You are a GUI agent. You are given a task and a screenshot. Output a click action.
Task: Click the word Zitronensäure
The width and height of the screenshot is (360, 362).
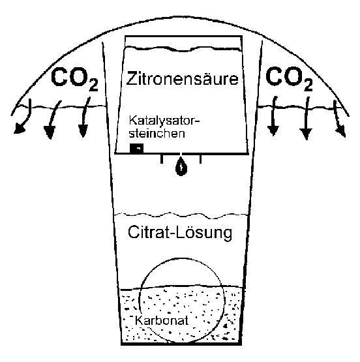[x=182, y=78]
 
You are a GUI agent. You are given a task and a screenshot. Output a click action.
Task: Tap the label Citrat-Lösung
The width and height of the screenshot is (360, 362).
[x=180, y=233]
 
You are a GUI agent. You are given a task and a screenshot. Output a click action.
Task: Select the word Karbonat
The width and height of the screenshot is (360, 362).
[x=162, y=320]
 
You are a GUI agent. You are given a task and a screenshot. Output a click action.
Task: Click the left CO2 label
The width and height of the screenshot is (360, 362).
[x=74, y=79]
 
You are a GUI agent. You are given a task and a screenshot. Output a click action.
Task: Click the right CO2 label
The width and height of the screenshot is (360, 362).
[x=289, y=78]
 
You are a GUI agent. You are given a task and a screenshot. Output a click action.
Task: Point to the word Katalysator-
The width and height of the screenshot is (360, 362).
[x=164, y=121]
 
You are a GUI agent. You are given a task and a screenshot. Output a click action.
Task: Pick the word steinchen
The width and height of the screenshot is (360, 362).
[x=157, y=133]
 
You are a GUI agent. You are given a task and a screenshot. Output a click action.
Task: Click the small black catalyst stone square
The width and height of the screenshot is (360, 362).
[x=136, y=148]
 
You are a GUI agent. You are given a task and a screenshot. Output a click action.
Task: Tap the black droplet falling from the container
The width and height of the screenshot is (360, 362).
[x=181, y=167]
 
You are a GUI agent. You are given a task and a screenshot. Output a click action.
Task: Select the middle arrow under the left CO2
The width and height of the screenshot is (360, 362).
[x=52, y=118]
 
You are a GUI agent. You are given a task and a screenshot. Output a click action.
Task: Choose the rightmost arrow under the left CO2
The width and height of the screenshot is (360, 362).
[x=84, y=117]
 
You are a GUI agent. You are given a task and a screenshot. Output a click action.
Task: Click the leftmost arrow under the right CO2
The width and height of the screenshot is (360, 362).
[x=273, y=115]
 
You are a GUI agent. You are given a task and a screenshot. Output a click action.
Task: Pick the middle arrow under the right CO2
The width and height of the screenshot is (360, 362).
[x=307, y=118]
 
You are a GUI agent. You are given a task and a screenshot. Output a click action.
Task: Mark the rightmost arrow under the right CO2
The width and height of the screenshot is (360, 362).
[x=338, y=119]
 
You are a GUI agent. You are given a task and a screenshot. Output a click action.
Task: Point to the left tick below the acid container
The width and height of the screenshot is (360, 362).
[x=162, y=159]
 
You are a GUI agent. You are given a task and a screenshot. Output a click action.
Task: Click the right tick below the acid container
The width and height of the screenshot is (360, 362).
[x=200, y=159]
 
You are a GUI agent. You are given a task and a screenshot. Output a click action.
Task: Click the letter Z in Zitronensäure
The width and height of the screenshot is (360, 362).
[x=132, y=78]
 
